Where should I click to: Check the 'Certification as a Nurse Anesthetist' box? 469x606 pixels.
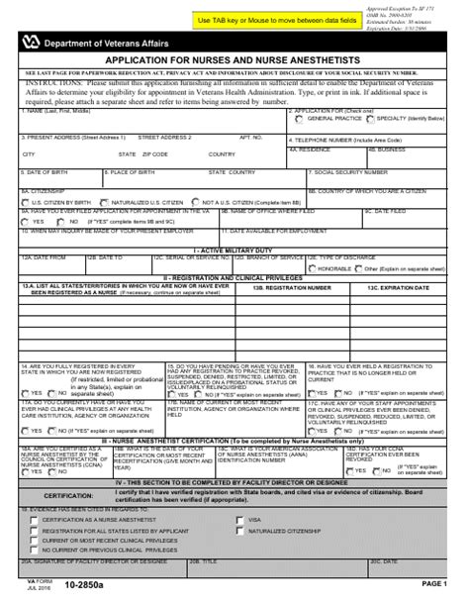click(33, 519)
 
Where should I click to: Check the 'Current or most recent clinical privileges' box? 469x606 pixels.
click(33, 543)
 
